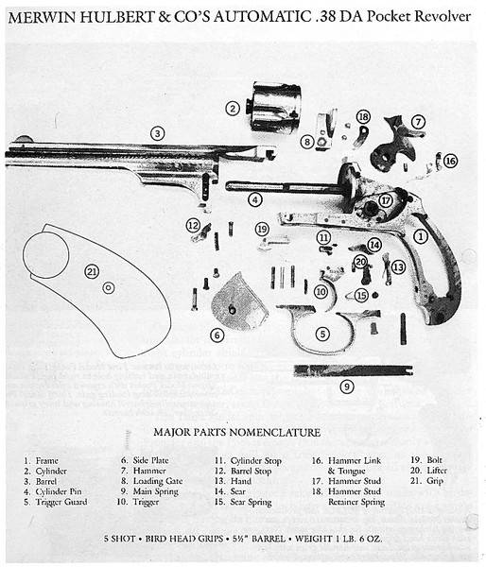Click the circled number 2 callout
pos(233,109)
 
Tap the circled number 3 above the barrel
pos(157,133)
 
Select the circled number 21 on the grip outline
pos(92,271)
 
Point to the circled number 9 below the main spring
pos(347,387)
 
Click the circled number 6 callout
pos(217,335)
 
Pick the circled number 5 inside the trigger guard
pos(322,334)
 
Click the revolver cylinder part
pos(273,106)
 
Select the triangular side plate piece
pos(239,302)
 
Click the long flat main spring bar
pos(354,370)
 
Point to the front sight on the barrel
pos(24,139)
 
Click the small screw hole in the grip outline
pos(109,288)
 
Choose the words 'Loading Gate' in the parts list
pos(158,481)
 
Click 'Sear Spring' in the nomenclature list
pos(251,502)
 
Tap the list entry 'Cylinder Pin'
pos(59,491)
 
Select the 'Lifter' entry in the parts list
pos(437,471)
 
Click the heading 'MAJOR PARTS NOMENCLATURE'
pos(237,432)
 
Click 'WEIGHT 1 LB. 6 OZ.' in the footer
pos(338,539)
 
